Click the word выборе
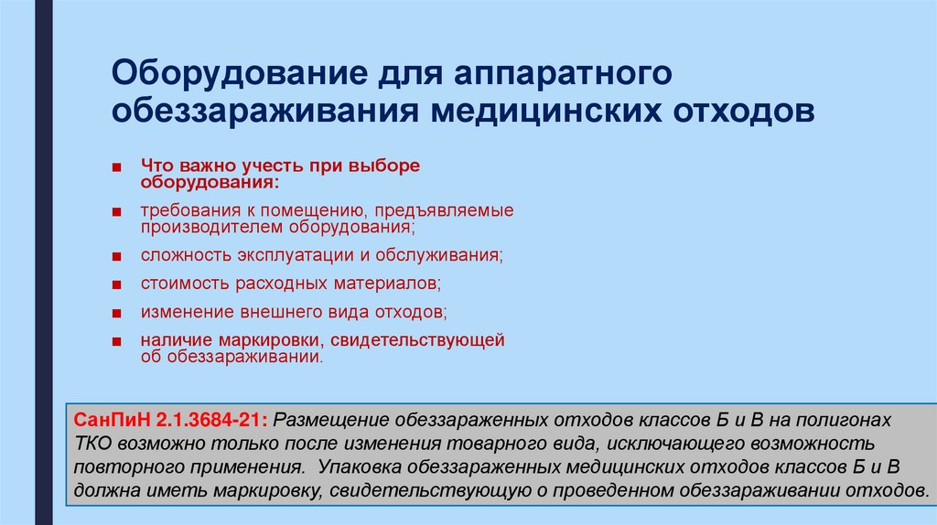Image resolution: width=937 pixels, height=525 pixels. click(x=391, y=166)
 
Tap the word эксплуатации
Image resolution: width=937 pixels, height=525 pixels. click(x=301, y=253)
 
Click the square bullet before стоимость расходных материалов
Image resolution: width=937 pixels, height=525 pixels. click(x=119, y=284)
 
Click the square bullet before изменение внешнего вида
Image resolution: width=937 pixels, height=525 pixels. click(x=119, y=313)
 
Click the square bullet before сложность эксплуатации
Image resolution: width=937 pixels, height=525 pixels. click(x=119, y=254)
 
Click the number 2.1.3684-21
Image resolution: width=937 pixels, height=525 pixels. click(x=211, y=419)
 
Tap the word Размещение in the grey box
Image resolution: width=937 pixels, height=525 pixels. click(x=330, y=419)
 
